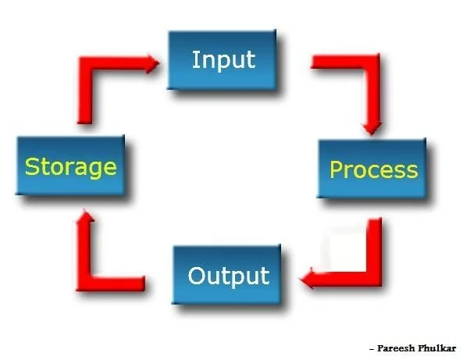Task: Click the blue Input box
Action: tap(223, 60)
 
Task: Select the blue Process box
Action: tap(373, 169)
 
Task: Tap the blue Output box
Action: tap(228, 276)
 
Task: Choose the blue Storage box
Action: tap(70, 166)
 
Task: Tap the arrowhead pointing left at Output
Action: tap(310, 277)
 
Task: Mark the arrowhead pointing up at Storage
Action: tap(84, 223)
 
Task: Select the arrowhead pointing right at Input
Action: tap(148, 62)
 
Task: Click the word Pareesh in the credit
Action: tap(397, 348)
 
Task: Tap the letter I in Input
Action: tap(194, 59)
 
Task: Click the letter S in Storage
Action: tap(31, 166)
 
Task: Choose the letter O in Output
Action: tap(198, 276)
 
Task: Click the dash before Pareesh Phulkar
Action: tap(371, 348)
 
